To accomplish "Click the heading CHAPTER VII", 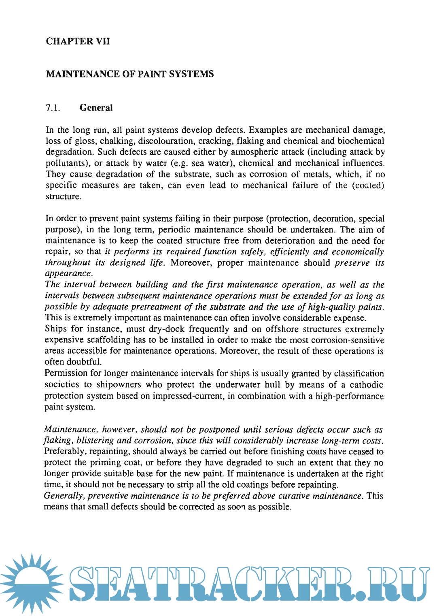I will (78, 41).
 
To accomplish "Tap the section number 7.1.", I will (53, 108).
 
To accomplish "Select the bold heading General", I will (96, 108).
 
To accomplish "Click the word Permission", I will (66, 373).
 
